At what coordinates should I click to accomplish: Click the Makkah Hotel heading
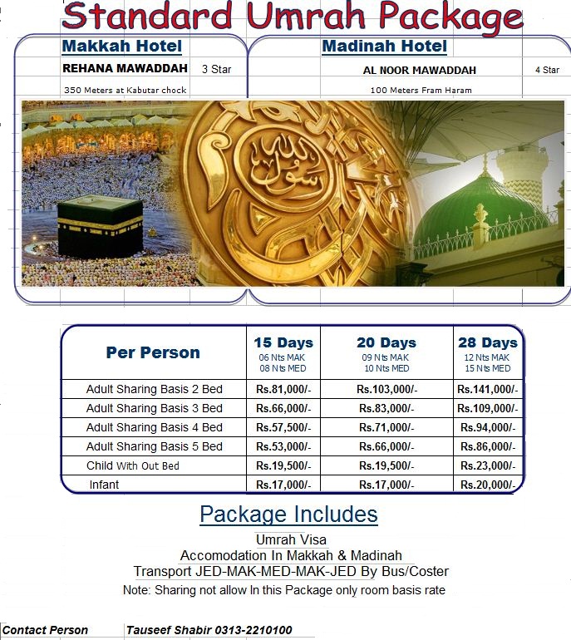coord(121,46)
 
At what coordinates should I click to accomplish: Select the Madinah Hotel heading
coord(384,46)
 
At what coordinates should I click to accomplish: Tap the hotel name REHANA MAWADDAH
coord(125,68)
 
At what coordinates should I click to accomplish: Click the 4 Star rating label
coord(546,70)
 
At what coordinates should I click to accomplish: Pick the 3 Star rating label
coord(216,69)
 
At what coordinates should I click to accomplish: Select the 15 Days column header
coord(283,342)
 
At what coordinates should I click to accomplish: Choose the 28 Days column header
coord(488,342)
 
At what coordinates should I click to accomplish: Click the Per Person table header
coord(153,352)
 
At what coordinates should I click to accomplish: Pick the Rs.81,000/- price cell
coord(283,389)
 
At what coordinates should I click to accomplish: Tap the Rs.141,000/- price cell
coord(487,389)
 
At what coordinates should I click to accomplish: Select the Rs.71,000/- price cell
coord(386,427)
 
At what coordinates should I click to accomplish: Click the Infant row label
coord(104,485)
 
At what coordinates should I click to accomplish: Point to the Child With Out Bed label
coord(133,465)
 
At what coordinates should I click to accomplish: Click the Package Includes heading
coord(288,514)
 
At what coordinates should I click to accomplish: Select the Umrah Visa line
coord(291,540)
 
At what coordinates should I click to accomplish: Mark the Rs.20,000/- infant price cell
coord(487,485)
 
